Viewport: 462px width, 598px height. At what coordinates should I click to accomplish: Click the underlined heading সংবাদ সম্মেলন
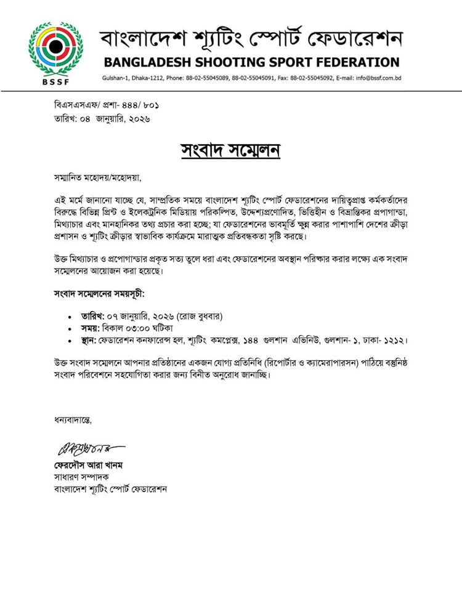[x=231, y=150]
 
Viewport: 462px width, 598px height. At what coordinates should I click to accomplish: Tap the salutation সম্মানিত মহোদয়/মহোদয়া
[x=97, y=179]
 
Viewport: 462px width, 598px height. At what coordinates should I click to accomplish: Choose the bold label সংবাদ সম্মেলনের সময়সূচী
[x=99, y=293]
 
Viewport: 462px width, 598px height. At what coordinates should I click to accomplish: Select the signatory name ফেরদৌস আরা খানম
[x=92, y=466]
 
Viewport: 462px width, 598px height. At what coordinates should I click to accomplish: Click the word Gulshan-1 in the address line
[x=117, y=79]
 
